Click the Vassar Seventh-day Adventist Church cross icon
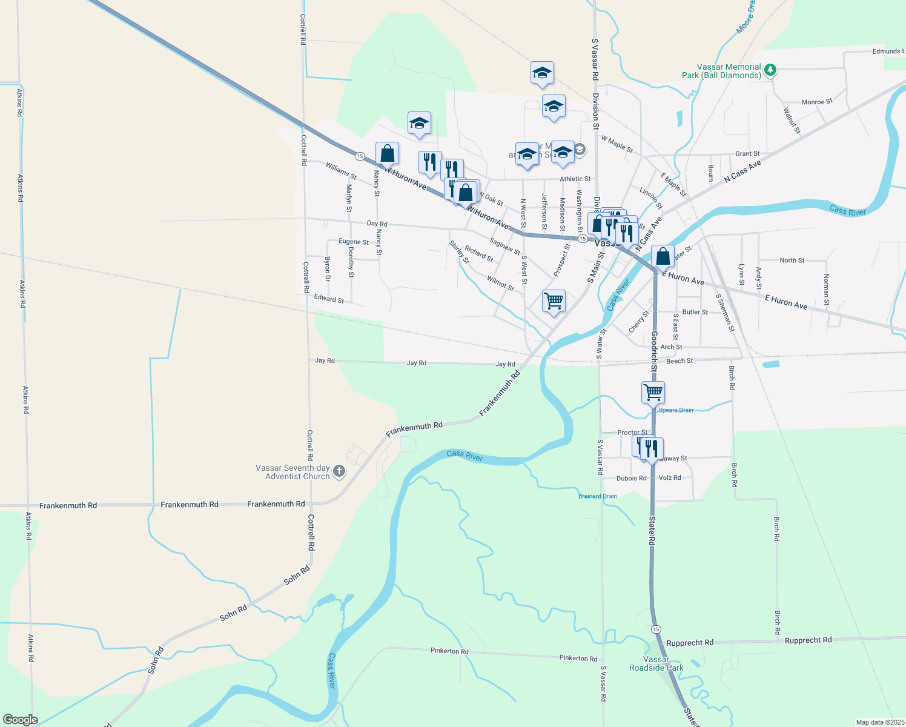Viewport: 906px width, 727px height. click(x=339, y=471)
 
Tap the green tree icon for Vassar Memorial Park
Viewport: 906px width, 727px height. click(x=770, y=70)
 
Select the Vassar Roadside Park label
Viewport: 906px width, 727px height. click(x=656, y=663)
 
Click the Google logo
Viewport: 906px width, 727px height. click(x=20, y=720)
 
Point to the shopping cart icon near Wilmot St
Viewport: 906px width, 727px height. click(x=554, y=300)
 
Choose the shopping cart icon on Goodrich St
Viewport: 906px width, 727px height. click(x=653, y=392)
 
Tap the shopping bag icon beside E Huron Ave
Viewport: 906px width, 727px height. click(x=663, y=256)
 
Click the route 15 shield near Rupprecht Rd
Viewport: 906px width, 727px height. click(x=656, y=629)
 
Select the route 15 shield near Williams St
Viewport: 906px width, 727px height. click(x=360, y=156)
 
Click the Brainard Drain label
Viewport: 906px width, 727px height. click(x=597, y=496)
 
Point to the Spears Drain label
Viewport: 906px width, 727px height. click(x=676, y=410)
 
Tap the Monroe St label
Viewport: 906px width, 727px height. click(x=817, y=102)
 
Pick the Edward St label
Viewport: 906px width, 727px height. click(x=329, y=298)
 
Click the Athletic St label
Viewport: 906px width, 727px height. click(x=575, y=179)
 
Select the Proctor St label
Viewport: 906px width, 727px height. click(x=632, y=433)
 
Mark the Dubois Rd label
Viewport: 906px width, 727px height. click(x=631, y=478)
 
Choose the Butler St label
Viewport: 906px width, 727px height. click(x=695, y=312)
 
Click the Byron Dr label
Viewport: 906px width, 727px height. click(x=328, y=269)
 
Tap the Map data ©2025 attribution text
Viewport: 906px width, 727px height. click(x=879, y=722)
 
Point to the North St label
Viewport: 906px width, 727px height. click(x=792, y=260)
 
